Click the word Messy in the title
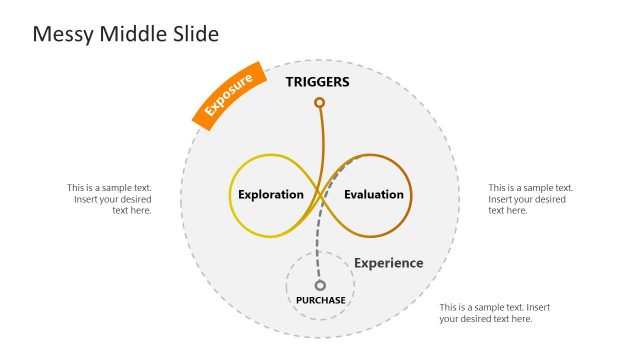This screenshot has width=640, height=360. (59, 34)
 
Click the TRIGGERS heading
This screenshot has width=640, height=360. (318, 82)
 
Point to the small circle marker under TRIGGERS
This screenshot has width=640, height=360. (319, 102)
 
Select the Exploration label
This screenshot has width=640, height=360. (270, 194)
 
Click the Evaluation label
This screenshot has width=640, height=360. (374, 194)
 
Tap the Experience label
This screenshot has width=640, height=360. (388, 263)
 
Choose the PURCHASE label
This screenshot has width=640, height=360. (320, 300)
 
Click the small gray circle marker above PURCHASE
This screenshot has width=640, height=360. (320, 285)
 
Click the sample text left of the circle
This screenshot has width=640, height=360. (110, 198)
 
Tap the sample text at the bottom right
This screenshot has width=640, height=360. (494, 313)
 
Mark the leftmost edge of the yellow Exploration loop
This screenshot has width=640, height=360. (231, 195)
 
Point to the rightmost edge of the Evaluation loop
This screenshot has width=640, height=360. (411, 195)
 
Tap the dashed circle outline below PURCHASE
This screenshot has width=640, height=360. (320, 320)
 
